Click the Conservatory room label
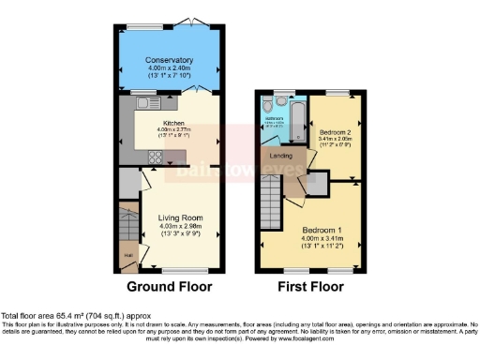[x=169, y=61]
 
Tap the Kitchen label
[x=173, y=123]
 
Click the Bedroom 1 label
[x=322, y=229]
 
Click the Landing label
[x=279, y=155]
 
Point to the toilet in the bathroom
[x=280, y=101]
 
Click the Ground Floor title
[x=169, y=287]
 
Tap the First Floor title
[x=308, y=287]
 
